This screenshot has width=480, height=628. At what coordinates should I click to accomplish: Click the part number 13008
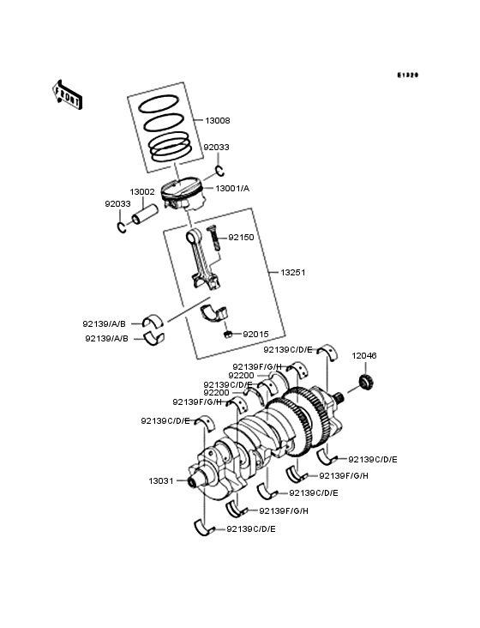coord(218,121)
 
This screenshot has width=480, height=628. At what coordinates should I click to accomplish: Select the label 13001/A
coord(232,188)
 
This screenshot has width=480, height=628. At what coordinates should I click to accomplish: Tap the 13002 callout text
coord(142,192)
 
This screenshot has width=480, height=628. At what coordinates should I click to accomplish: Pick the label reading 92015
coord(256,333)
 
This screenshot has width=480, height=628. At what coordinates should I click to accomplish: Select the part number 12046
coord(364,354)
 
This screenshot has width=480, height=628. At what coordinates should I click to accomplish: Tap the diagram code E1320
coord(407,75)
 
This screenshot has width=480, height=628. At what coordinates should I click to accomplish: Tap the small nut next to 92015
coord(229,333)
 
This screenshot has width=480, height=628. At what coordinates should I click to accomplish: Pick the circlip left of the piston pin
coord(122,226)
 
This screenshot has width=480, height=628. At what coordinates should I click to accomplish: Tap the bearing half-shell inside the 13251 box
coord(213,311)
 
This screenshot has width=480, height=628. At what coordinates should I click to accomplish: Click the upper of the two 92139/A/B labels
coord(105,323)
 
